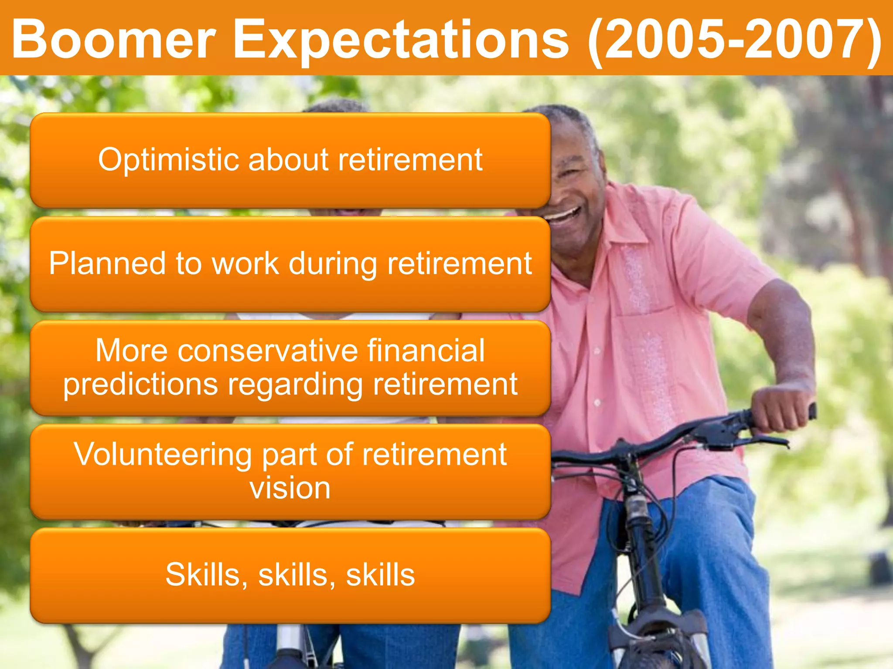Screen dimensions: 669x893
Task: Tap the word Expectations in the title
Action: (x=401, y=40)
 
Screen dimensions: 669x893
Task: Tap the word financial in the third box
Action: (x=425, y=351)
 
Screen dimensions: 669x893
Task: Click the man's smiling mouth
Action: (x=562, y=215)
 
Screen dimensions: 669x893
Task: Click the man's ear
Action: (x=600, y=166)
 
